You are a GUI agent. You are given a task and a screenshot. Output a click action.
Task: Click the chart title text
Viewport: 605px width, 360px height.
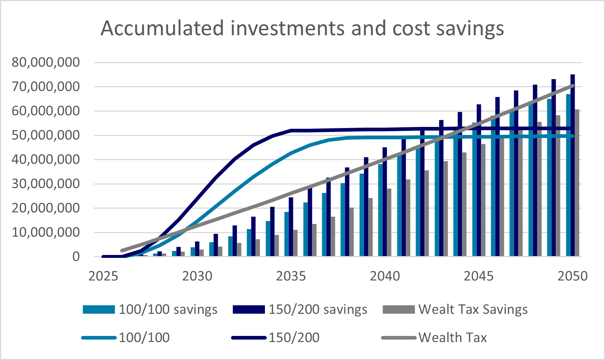[x=302, y=28]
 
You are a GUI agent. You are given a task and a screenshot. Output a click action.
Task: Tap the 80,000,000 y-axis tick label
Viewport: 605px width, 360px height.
[x=46, y=62]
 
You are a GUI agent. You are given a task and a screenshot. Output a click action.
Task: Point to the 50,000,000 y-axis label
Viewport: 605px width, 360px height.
[x=46, y=135]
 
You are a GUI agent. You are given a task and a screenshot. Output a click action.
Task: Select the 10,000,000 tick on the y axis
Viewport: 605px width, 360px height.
[x=46, y=232]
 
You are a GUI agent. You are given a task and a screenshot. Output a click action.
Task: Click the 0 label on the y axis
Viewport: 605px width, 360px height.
[x=76, y=257]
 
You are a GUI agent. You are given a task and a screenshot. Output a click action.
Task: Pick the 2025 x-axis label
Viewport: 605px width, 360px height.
[x=103, y=276]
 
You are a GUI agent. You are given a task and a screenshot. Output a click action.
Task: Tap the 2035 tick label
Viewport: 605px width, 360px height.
[x=291, y=276]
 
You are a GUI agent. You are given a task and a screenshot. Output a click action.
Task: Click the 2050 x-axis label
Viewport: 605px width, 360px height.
[x=572, y=276]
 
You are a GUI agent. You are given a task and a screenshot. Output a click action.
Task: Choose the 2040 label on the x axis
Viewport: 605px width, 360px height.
[x=385, y=276]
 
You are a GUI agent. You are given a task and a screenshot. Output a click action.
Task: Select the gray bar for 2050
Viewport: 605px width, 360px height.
[x=577, y=182]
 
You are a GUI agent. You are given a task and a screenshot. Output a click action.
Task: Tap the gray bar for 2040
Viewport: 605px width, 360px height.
[x=389, y=222]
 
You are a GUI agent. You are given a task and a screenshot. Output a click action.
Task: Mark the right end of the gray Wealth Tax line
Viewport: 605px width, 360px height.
[x=573, y=86]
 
